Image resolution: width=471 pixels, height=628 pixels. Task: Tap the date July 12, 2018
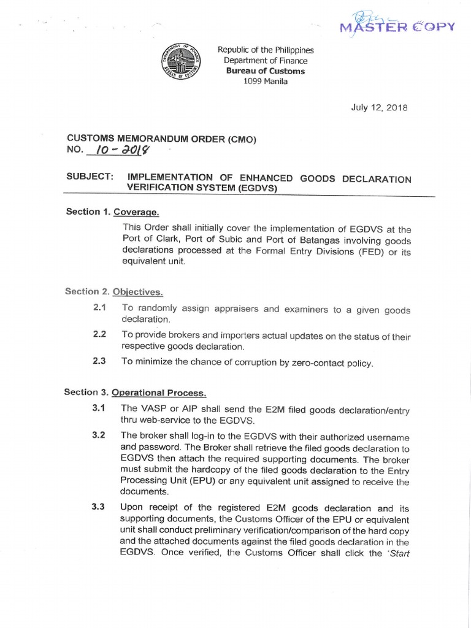(379, 107)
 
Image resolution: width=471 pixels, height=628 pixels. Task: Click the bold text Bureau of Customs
(266, 71)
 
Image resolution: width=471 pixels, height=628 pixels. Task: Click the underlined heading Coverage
(137, 212)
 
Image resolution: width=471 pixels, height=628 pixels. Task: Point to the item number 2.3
(99, 361)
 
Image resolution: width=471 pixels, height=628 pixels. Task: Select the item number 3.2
(99, 435)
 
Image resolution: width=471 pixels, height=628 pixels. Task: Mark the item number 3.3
(99, 507)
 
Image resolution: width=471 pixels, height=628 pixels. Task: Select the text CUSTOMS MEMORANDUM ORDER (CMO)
(161, 140)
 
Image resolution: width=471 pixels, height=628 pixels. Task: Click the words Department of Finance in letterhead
(266, 61)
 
